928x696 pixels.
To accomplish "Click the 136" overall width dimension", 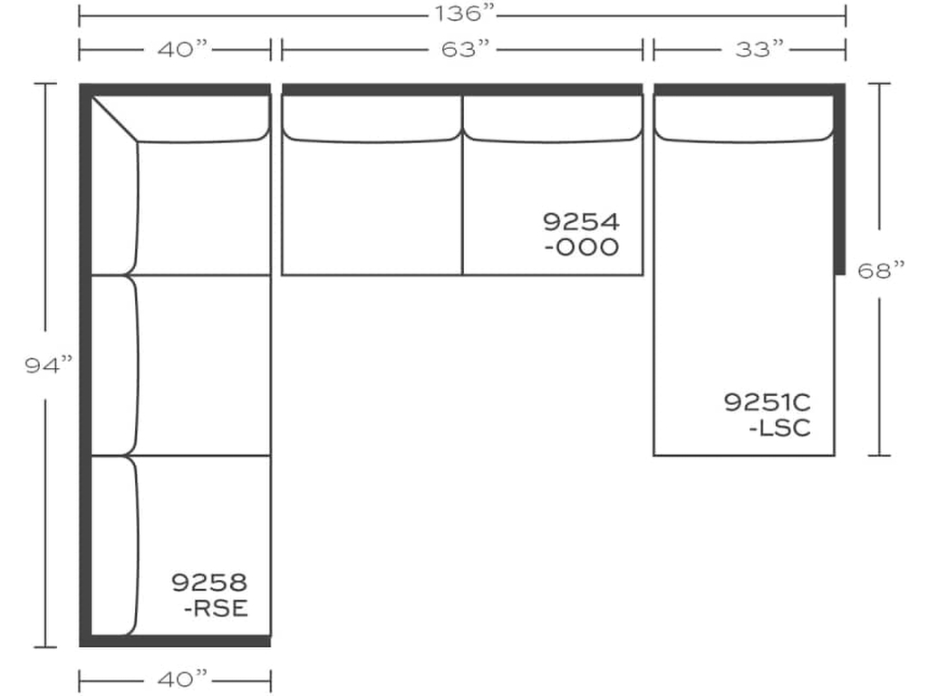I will pos(462,15).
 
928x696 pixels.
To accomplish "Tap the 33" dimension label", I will pos(759,50).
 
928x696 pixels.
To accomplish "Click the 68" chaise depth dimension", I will pos(881,270).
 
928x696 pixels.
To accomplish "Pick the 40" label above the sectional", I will pos(182,50).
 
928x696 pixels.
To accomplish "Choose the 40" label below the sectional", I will pos(182,678).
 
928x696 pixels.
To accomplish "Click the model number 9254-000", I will pos(582,234).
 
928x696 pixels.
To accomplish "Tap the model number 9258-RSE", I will pos(209,594).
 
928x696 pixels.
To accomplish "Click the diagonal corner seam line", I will pos(115,119).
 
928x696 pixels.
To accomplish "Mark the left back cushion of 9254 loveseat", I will pos(372,119).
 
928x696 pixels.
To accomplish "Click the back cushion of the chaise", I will pos(743,119).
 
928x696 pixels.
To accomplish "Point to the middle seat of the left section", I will pos(204,365).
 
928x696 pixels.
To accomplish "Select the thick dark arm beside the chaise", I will pos(840,181).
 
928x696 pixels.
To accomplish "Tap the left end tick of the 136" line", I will pos(80,15).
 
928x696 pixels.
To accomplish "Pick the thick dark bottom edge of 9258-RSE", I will pos(177,642).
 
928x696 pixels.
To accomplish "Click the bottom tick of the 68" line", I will pos(879,455).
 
